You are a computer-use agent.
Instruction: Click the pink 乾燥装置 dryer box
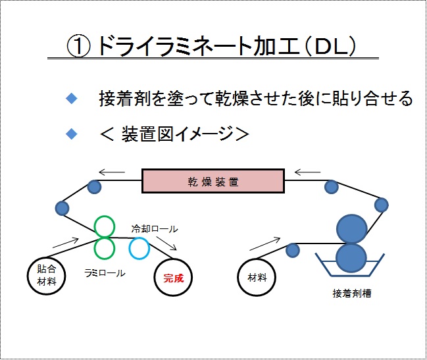213,181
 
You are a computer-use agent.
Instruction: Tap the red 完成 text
174,278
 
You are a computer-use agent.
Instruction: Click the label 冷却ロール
155,229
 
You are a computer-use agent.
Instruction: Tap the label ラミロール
105,273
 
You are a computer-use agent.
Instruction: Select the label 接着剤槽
352,294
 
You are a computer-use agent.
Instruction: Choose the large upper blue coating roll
352,229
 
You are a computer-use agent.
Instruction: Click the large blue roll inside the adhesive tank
351,258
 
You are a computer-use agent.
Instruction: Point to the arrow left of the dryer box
112,172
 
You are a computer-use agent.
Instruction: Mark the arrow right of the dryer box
307,172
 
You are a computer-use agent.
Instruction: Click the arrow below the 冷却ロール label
166,243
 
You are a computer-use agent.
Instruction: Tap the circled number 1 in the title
78,46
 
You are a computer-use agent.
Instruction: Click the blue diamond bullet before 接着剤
72,98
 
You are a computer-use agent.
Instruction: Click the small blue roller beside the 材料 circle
293,251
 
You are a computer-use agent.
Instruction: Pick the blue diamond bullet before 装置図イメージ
72,134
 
